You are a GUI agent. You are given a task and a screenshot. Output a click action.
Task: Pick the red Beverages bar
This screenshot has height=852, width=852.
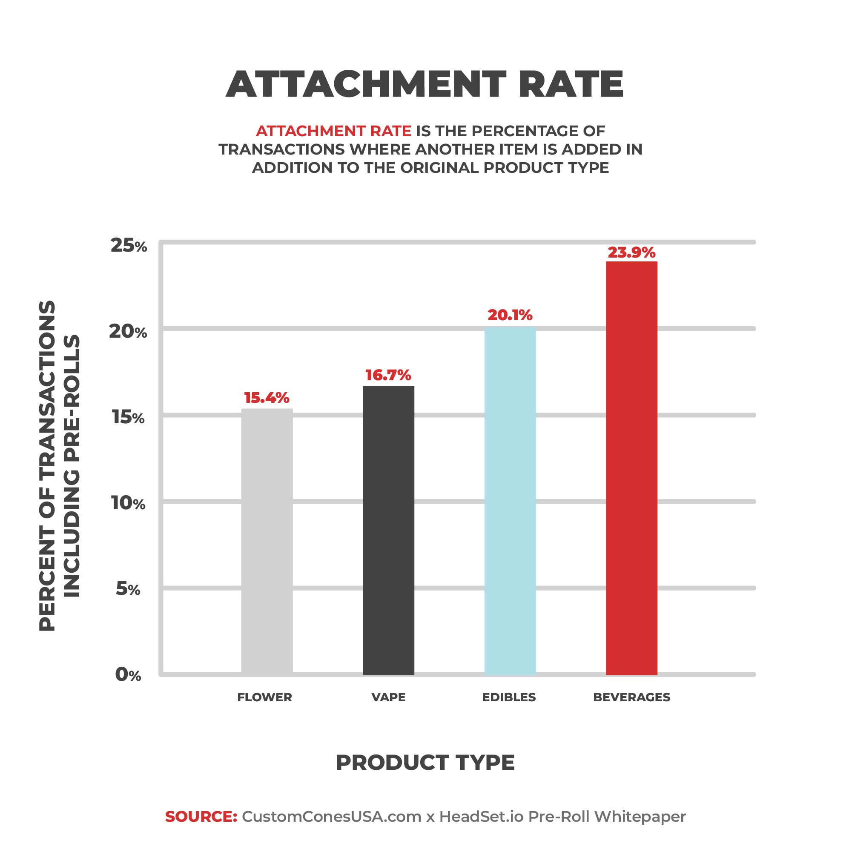pos(631,468)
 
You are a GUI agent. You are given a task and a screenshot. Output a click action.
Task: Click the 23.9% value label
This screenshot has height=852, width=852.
pos(631,252)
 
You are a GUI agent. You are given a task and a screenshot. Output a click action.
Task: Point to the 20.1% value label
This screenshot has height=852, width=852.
pos(510,316)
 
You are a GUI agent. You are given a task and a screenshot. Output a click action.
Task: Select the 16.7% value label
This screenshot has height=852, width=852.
pos(388,375)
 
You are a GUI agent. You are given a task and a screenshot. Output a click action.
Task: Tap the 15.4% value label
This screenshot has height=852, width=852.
pos(267,398)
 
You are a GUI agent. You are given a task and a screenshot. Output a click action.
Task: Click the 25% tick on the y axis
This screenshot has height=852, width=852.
pos(128,246)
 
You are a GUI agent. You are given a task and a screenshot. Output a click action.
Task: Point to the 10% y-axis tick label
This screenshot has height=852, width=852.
pos(128,503)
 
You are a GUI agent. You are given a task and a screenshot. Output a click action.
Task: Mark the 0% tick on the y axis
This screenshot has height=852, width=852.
pos(128,675)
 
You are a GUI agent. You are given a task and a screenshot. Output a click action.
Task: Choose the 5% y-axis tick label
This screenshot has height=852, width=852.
pos(128,589)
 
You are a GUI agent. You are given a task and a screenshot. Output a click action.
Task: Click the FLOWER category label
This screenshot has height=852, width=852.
pos(264,697)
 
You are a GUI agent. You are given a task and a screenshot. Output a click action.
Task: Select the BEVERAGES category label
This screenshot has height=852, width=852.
pos(631,697)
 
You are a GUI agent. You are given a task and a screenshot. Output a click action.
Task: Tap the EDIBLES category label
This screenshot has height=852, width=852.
pos(509,697)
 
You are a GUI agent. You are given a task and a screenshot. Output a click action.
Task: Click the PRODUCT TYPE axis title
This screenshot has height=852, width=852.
pos(425,763)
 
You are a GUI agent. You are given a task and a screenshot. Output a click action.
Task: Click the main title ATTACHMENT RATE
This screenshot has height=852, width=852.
pos(425,84)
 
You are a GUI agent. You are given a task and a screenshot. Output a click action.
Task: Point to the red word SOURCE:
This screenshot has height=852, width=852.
pos(201,816)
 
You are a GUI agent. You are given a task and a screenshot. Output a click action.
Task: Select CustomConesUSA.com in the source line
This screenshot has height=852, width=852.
pos(332,816)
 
